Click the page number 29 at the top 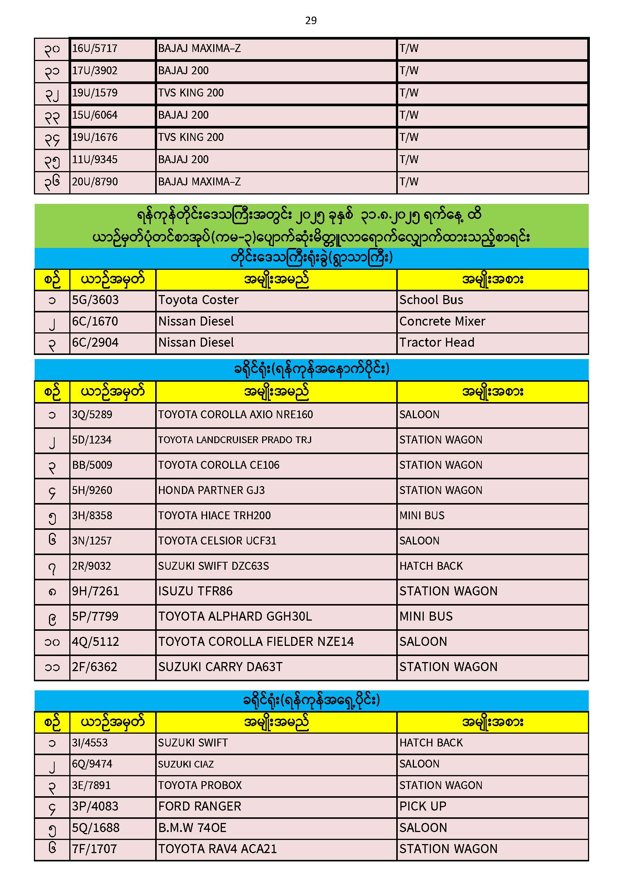(311, 20)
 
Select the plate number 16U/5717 (95, 48)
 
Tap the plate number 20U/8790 (95, 182)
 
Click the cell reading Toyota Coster (199, 300)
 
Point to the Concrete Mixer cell (442, 321)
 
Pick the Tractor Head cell (437, 342)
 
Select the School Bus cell (431, 300)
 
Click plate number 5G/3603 (96, 300)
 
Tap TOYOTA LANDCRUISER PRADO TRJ (235, 440)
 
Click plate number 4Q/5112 (96, 642)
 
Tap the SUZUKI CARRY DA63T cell (220, 667)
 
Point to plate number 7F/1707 (95, 849)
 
